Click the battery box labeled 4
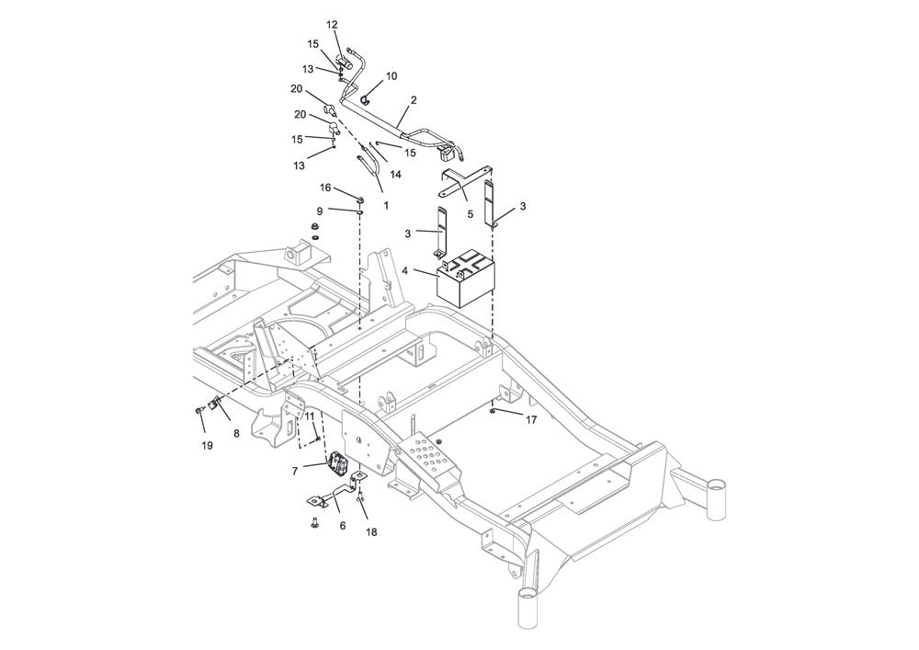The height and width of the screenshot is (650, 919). pos(467,278)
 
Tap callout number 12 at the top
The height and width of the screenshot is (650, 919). pos(333,25)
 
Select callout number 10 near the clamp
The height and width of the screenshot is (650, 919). pos(391,76)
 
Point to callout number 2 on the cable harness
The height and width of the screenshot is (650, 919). pos(414,100)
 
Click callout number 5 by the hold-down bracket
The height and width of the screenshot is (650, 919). pos(470,214)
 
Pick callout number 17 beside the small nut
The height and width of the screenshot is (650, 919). pos(531,420)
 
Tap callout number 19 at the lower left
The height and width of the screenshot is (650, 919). pos(207,446)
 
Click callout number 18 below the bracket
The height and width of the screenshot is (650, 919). pos(371,532)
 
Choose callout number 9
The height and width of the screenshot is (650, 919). pos(319,211)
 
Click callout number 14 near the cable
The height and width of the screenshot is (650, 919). pos(395,174)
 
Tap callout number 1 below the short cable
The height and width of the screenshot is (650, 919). pos(386,206)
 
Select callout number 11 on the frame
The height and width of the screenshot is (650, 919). pos(310,416)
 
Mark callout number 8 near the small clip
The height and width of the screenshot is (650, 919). pos(236,434)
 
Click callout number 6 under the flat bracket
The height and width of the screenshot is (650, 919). pos(343,526)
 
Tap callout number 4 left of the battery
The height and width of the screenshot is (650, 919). pos(404,271)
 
